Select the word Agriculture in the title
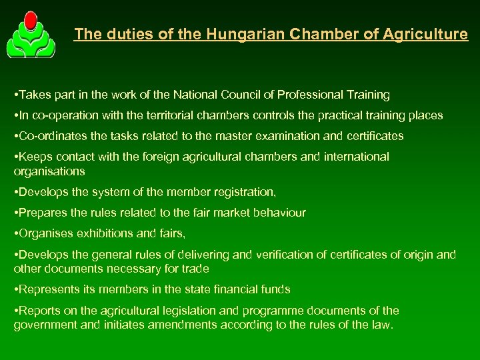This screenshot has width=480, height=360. pyautogui.click(x=426, y=34)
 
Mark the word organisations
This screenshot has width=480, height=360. pyautogui.click(x=49, y=171)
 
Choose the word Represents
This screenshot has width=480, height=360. pyautogui.click(x=47, y=289)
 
